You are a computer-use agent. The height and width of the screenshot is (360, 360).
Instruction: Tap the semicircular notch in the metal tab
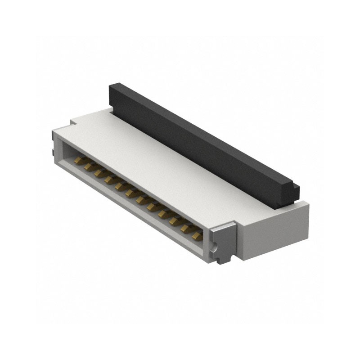[x=215, y=246]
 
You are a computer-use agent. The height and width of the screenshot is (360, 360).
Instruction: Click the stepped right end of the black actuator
[x=293, y=191]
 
